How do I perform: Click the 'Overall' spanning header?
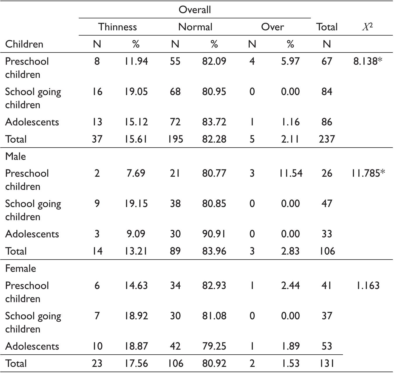click(x=195, y=10)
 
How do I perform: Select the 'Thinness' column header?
click(x=118, y=27)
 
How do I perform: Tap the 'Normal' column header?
click(x=195, y=27)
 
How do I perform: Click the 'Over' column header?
click(x=272, y=27)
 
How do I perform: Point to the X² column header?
click(x=367, y=27)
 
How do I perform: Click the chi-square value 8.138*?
click(x=367, y=61)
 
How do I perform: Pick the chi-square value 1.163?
click(x=367, y=286)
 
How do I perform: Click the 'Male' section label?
click(x=15, y=156)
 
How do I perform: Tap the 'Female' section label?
click(x=20, y=268)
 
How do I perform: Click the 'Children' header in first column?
click(x=24, y=44)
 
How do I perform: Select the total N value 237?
click(x=327, y=139)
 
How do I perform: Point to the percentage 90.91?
click(x=214, y=234)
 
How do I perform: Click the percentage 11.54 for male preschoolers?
click(x=290, y=173)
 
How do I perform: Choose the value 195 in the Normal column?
click(x=175, y=139)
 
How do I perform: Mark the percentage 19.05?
click(x=136, y=92)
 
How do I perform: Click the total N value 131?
click(x=327, y=363)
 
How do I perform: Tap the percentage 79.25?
click(x=214, y=346)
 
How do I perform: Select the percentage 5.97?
click(x=290, y=61)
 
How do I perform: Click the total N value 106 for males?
click(x=327, y=251)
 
